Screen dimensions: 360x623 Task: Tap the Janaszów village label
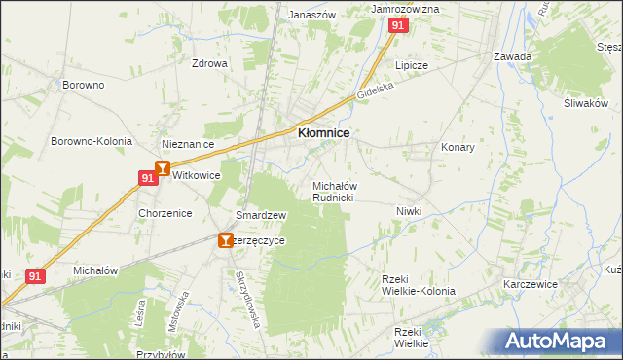tap(311, 15)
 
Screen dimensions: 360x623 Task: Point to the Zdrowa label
tap(209, 63)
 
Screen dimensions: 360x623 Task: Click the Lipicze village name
tap(411, 64)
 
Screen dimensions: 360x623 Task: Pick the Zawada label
tap(512, 56)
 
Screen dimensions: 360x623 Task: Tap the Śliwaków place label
tap(585, 103)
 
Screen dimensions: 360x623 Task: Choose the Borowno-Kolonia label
tap(92, 141)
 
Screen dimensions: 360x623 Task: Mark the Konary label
tap(458, 147)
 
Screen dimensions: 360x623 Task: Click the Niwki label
tap(408, 211)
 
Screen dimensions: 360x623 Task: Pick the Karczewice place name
tap(531, 286)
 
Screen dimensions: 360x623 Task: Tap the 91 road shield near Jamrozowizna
tap(397, 27)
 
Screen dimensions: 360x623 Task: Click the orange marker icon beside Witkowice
tap(163, 168)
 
